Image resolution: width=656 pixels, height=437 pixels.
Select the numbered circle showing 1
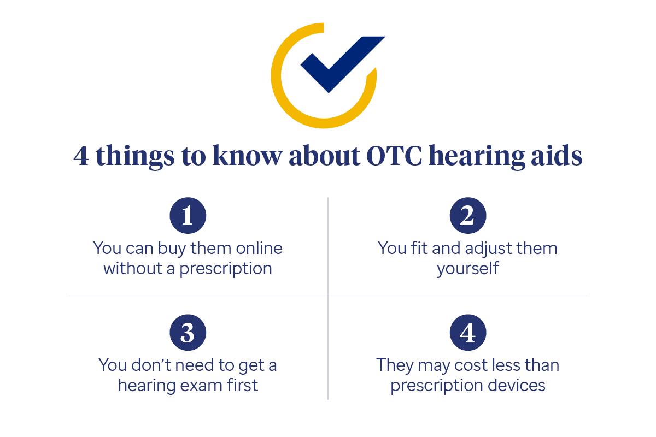point(188,216)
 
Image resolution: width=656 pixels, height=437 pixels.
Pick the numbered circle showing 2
point(468,216)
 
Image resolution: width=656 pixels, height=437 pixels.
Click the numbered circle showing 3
point(188,333)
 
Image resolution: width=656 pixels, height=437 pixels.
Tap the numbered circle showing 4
point(468,333)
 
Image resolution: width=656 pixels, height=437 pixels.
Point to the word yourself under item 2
point(467,269)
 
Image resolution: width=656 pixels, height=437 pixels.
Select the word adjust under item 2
point(489,249)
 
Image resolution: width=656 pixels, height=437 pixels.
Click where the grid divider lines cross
point(328,294)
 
